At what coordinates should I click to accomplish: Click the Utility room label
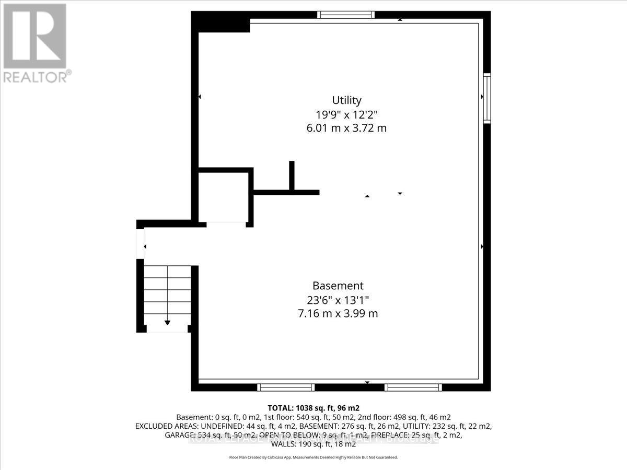[x=346, y=100]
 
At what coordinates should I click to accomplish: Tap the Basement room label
[x=338, y=286]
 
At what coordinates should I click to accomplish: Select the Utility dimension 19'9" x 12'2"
[x=346, y=114]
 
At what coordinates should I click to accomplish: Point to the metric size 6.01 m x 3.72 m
[x=346, y=128]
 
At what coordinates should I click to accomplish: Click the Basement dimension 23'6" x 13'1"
[x=338, y=300]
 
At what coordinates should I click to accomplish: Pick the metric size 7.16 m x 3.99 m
[x=338, y=314]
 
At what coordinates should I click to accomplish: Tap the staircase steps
[x=167, y=292]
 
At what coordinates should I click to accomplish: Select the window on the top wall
[x=346, y=15]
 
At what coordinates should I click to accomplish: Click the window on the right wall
[x=487, y=98]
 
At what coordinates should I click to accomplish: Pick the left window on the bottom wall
[x=286, y=387]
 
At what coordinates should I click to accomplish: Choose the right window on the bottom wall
[x=413, y=387]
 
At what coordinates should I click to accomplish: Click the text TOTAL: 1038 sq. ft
[x=313, y=408]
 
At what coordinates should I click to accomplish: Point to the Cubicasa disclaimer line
[x=313, y=457]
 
